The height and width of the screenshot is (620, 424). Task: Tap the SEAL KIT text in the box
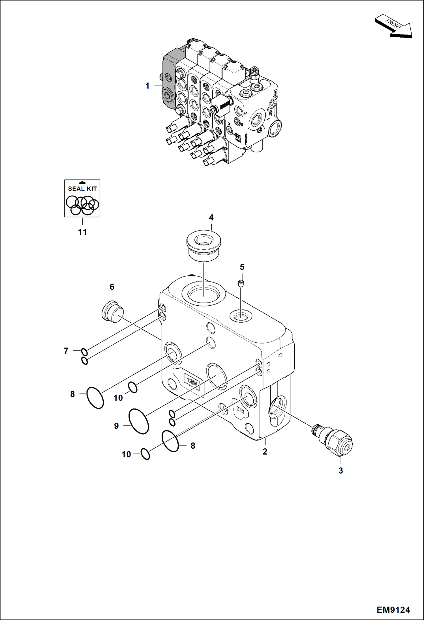coord(82,189)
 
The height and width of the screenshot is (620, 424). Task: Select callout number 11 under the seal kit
coord(82,232)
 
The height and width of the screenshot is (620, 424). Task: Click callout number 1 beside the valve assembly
coord(147,86)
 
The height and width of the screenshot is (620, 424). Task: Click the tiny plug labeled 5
coord(241,283)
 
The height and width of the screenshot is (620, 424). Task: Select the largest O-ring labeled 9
coord(139,421)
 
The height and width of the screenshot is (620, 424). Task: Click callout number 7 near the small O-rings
coord(66,351)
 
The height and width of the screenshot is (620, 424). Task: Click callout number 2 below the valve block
coord(265,452)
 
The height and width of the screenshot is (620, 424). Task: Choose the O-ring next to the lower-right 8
coord(170,441)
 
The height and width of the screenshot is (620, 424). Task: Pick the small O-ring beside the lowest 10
coord(145,454)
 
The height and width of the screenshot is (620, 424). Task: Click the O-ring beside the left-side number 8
coord(95,398)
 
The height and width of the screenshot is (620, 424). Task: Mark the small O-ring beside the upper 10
coord(133,387)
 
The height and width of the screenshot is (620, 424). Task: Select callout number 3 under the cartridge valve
coord(341,471)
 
